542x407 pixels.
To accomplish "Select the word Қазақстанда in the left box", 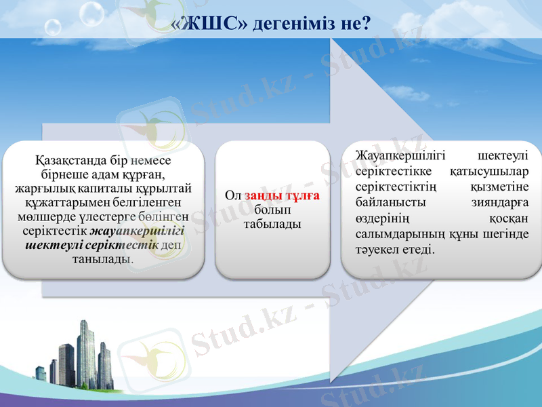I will (66, 161).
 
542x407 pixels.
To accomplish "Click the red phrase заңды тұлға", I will (282, 195).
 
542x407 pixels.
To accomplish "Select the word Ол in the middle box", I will (233, 195).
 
